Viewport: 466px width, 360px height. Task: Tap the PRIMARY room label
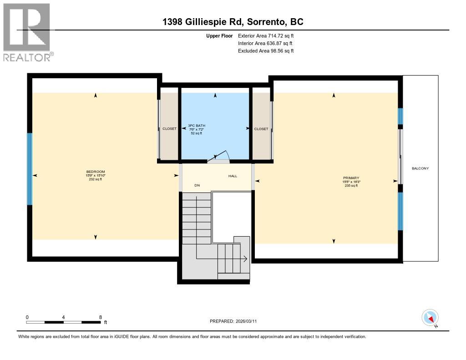pyautogui.click(x=351, y=178)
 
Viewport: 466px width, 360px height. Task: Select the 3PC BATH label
pyautogui.click(x=196, y=126)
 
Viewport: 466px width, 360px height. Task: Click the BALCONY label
pyautogui.click(x=420, y=168)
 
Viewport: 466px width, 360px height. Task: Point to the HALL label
pyautogui.click(x=233, y=176)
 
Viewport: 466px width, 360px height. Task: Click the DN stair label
pyautogui.click(x=197, y=185)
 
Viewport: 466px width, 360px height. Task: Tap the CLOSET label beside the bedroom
pyautogui.click(x=169, y=129)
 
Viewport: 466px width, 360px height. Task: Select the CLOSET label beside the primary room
pyautogui.click(x=261, y=129)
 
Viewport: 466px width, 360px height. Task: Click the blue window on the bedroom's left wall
pyautogui.click(x=30, y=169)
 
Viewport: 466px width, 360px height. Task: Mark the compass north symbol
pyautogui.click(x=430, y=318)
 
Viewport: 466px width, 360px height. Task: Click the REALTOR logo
pyautogui.click(x=27, y=32)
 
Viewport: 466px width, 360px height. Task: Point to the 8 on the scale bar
pyautogui.click(x=100, y=317)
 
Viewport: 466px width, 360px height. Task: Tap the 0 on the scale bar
pyautogui.click(x=27, y=317)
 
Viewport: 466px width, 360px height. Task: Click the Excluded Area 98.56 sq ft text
pyautogui.click(x=266, y=51)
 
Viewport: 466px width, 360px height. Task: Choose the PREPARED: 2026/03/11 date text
pyautogui.click(x=236, y=321)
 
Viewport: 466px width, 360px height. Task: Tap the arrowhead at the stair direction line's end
pyautogui.click(x=245, y=259)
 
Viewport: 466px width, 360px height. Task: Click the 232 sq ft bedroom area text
pyautogui.click(x=95, y=179)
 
